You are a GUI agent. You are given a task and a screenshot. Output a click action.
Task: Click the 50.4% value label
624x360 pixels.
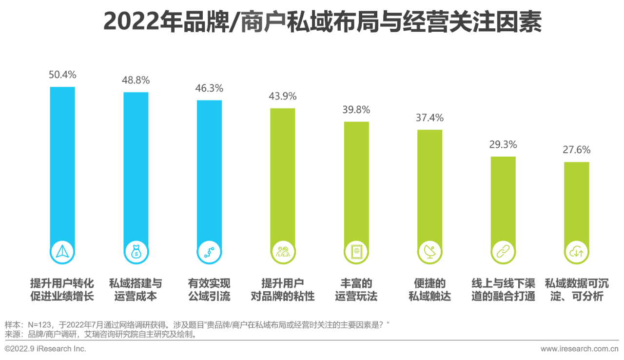[x=62, y=75]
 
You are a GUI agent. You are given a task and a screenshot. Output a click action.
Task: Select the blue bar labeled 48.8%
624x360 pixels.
[x=136, y=166]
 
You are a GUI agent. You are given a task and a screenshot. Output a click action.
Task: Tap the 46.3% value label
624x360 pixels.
[x=209, y=88]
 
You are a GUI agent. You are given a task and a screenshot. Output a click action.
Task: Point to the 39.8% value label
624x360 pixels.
[x=356, y=109]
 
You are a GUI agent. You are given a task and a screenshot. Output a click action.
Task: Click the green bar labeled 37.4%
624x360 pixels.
[x=429, y=185]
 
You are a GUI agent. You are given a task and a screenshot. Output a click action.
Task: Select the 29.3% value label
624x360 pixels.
[x=503, y=144]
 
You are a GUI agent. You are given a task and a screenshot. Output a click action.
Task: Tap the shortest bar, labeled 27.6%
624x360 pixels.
[x=577, y=200]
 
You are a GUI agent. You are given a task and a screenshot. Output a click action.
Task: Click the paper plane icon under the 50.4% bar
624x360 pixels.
[x=63, y=251]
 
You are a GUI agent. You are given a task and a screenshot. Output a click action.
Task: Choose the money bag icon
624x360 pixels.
[x=136, y=251]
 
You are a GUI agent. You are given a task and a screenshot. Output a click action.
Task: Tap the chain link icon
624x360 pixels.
[x=503, y=251]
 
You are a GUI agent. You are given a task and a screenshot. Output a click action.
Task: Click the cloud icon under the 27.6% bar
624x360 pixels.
[x=577, y=251]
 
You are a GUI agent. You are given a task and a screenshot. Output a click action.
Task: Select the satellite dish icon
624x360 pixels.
[x=429, y=251]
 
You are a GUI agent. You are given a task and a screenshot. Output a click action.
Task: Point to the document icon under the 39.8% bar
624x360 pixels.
[x=356, y=251]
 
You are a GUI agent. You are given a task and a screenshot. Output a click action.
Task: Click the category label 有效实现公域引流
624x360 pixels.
[x=209, y=290]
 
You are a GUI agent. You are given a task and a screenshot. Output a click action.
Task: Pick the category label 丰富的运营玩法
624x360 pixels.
[x=356, y=290]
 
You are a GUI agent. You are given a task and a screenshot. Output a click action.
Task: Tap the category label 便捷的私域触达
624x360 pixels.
[x=429, y=290]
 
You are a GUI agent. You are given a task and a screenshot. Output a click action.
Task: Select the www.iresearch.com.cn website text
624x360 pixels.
[x=579, y=349]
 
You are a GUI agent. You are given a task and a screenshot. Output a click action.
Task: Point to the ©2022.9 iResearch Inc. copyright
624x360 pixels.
[x=45, y=349]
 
